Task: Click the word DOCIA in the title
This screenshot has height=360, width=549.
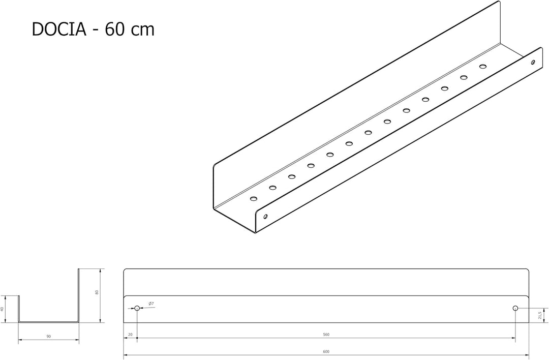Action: [x=59, y=29]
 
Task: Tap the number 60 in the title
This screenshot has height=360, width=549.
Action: [x=114, y=29]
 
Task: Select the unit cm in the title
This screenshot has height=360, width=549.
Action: [x=142, y=31]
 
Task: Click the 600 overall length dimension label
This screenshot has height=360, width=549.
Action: [x=326, y=351]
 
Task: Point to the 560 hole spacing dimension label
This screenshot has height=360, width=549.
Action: [x=326, y=335]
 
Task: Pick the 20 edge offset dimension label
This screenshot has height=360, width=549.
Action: [x=130, y=335]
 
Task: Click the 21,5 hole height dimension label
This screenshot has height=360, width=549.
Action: [x=539, y=315]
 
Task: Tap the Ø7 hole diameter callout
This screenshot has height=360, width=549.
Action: [x=151, y=303]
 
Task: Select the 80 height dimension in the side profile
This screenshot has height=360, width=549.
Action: [x=97, y=292]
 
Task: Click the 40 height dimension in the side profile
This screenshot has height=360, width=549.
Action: [x=2, y=309]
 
